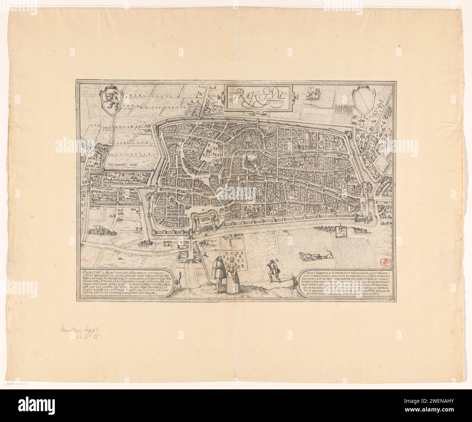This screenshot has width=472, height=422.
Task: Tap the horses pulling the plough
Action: point(306,256)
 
